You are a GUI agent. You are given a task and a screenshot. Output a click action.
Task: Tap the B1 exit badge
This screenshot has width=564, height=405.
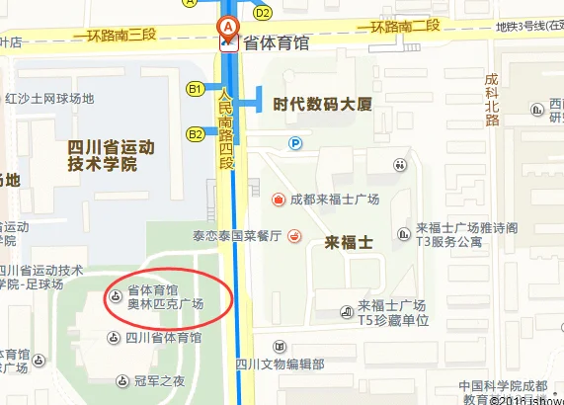[196, 89]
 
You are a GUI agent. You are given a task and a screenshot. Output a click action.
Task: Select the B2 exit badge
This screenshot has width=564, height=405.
[196, 132]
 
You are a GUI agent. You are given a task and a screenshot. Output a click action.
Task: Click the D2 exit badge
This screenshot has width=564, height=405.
[262, 13]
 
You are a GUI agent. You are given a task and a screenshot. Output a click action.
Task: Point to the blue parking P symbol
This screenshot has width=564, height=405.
[294, 143]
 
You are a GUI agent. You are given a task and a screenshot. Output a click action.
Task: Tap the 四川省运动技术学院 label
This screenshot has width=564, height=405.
[111, 155]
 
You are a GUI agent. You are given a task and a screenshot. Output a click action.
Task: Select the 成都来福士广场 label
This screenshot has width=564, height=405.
[334, 200]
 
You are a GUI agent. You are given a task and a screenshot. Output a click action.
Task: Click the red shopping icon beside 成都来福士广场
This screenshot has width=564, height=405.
[280, 200]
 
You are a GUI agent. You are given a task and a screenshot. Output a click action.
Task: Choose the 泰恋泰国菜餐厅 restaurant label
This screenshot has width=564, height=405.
[237, 237]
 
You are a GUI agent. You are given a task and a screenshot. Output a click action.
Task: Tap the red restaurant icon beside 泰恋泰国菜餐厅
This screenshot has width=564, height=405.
[293, 237]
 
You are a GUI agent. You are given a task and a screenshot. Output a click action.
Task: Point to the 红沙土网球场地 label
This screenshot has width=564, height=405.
[49, 98]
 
